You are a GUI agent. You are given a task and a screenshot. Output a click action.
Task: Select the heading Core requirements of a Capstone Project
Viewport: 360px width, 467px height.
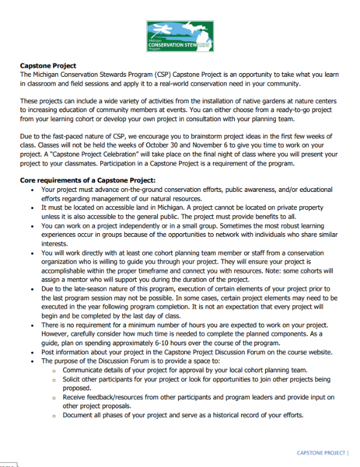coord(88,180)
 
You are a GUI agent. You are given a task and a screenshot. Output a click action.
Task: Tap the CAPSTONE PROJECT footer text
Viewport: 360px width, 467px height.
coord(321,452)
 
